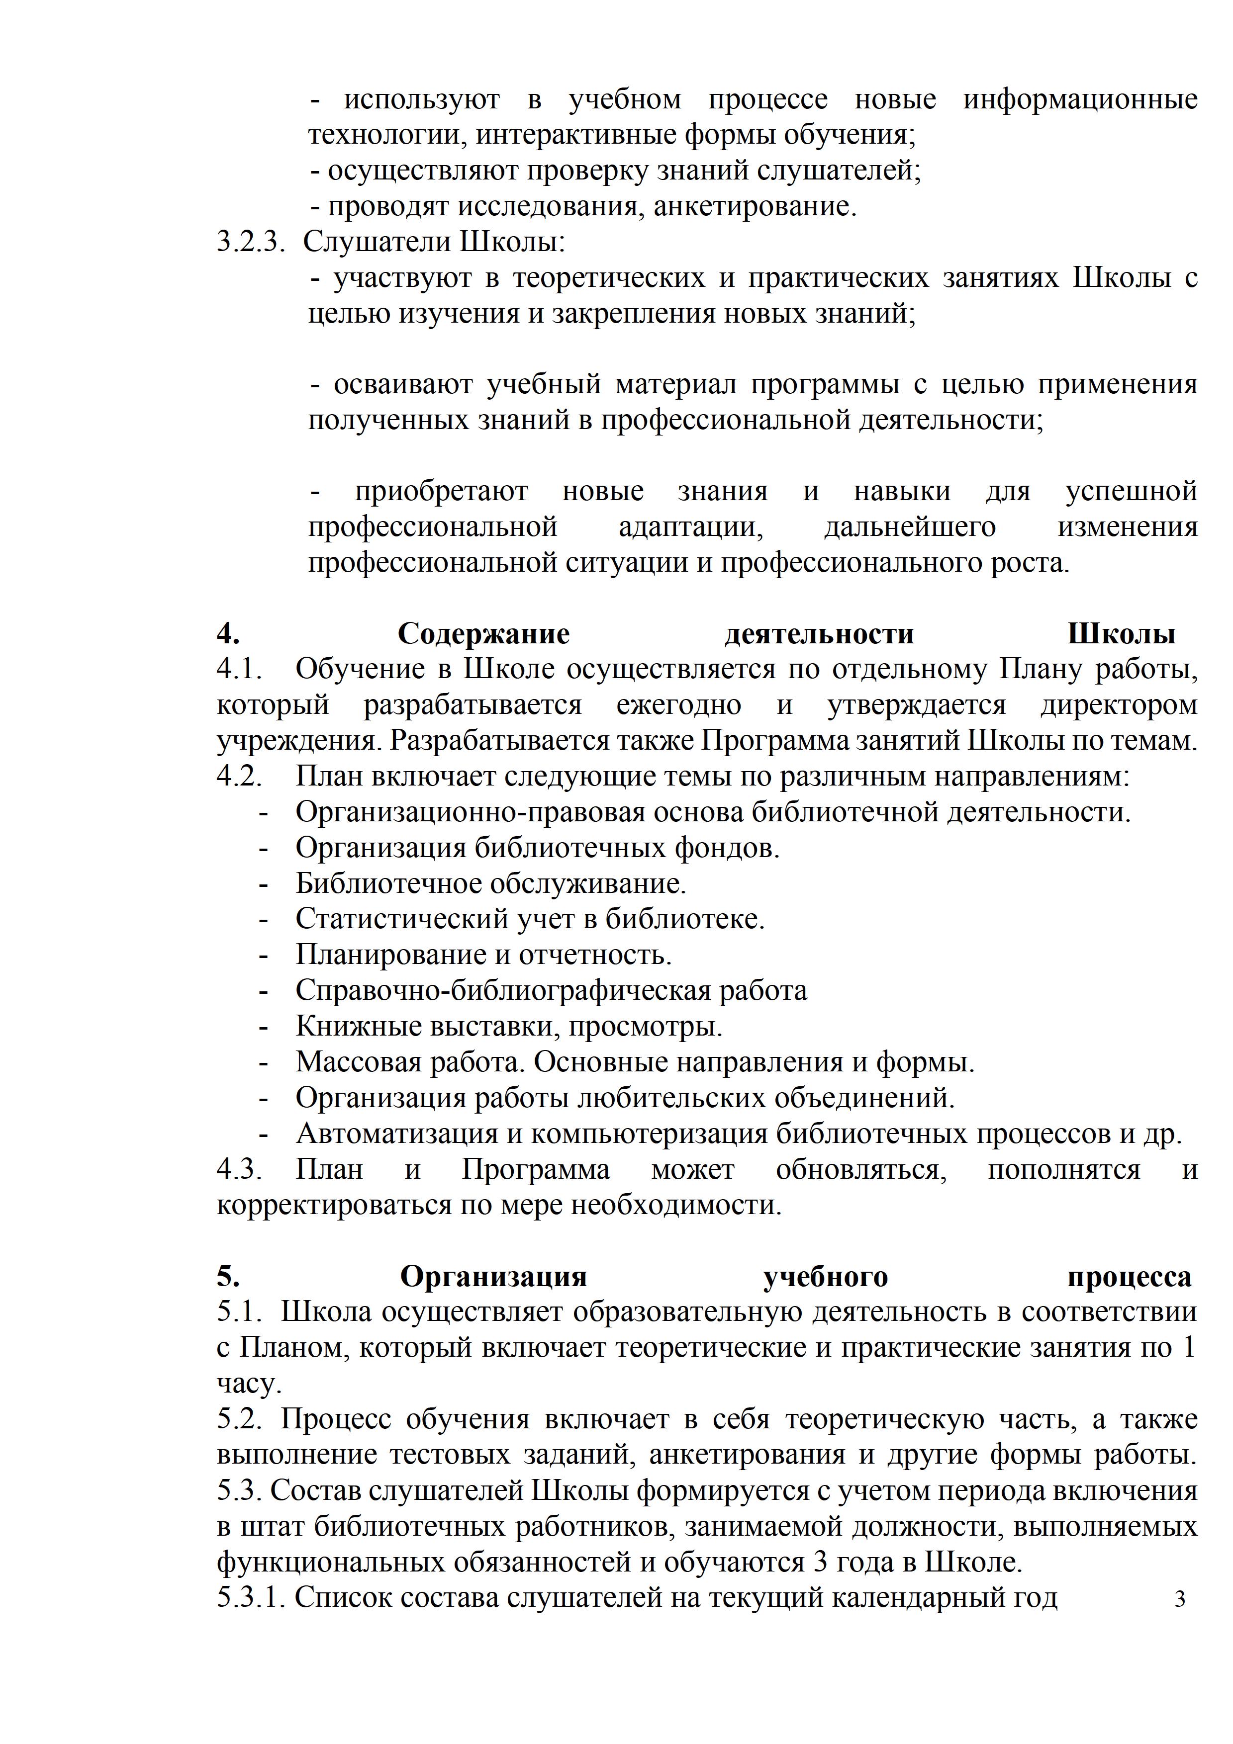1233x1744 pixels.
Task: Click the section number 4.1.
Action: (239, 669)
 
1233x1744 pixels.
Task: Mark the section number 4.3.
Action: (239, 1169)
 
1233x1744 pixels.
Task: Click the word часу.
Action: (248, 1384)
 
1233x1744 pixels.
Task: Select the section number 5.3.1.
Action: (251, 1597)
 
